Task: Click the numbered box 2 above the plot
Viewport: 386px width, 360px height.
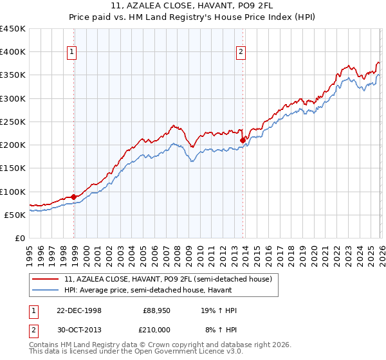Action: click(x=241, y=53)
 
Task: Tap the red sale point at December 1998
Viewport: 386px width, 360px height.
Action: click(x=74, y=197)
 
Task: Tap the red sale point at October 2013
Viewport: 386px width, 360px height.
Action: click(x=243, y=140)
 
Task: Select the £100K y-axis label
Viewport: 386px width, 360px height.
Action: click(x=13, y=192)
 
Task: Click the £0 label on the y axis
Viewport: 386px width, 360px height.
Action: click(x=20, y=238)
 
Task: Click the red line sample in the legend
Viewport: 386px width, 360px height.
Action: click(x=46, y=278)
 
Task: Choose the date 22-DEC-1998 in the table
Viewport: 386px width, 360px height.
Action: click(x=79, y=310)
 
